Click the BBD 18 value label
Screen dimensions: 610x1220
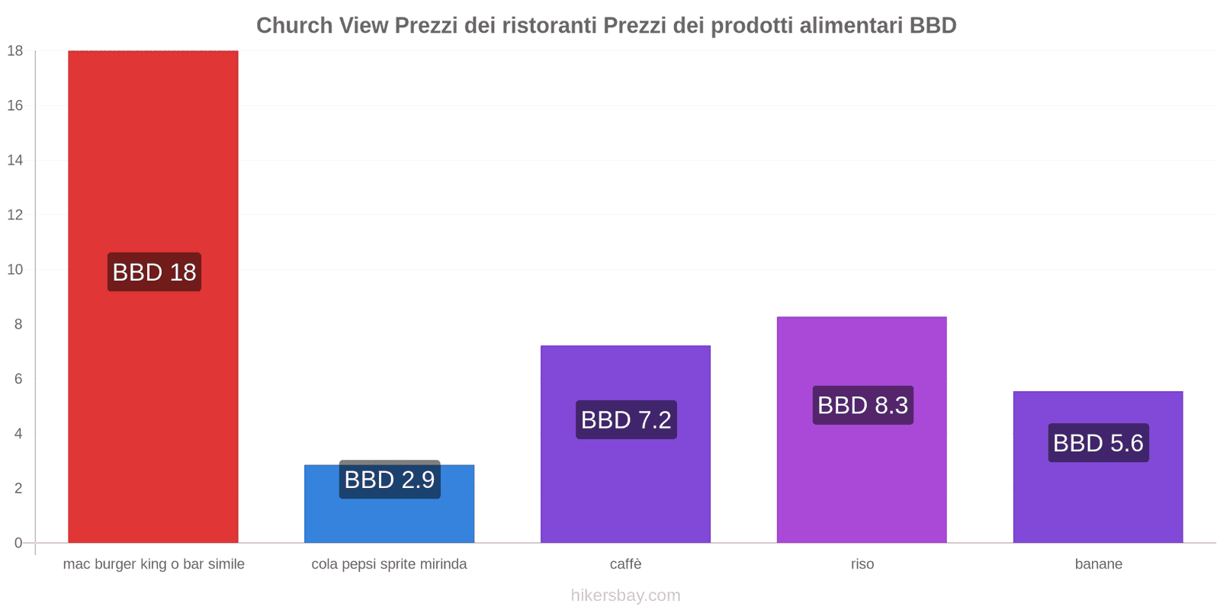click(x=154, y=272)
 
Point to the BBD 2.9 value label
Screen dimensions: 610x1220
click(x=390, y=480)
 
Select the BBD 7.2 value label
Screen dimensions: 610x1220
click(x=626, y=419)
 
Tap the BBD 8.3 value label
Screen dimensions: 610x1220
click(x=862, y=405)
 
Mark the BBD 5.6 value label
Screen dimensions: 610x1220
click(x=1098, y=443)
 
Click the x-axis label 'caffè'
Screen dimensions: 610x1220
click(x=625, y=564)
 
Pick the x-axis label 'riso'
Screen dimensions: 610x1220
click(x=862, y=564)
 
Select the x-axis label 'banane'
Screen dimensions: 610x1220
click(x=1098, y=564)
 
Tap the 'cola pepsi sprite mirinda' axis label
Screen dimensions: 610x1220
click(x=389, y=564)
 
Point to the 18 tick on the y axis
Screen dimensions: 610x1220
click(x=15, y=51)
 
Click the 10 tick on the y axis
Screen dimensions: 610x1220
click(x=15, y=270)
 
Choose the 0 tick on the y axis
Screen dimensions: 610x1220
click(x=18, y=543)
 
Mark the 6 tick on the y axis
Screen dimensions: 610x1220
click(x=18, y=379)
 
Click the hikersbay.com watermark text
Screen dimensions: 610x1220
click(x=625, y=596)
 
